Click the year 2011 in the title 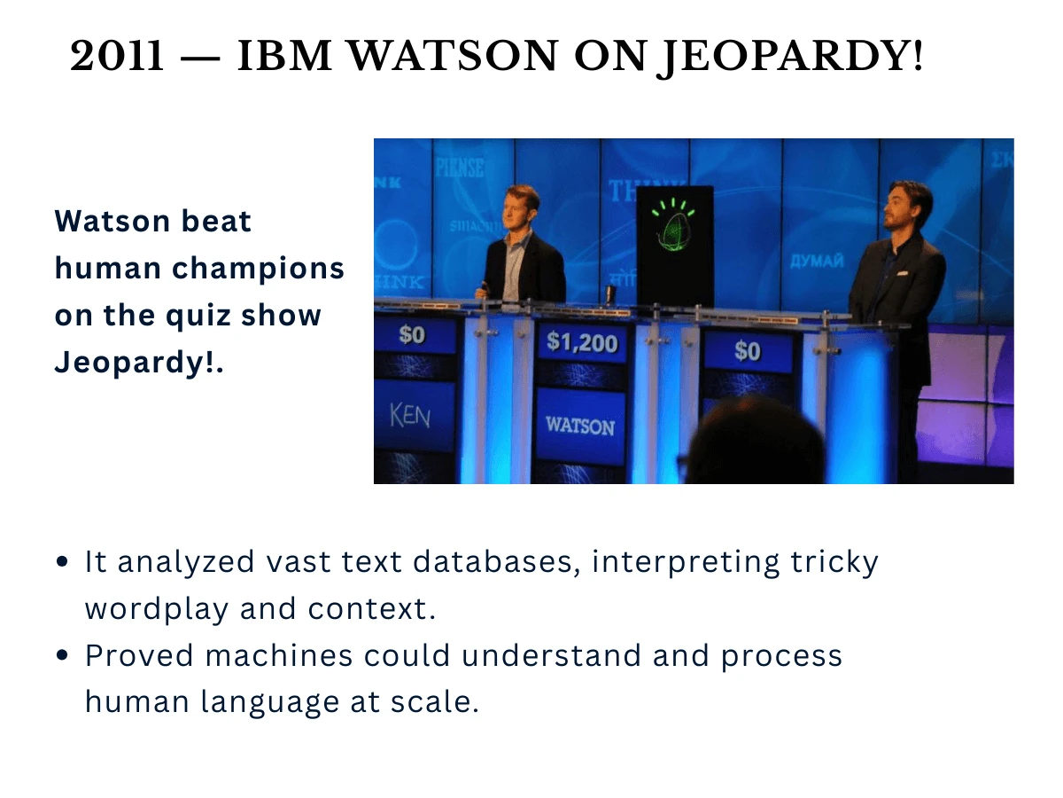tap(117, 58)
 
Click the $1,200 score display tap(581, 341)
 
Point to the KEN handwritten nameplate tap(409, 414)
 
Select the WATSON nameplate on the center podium tap(580, 426)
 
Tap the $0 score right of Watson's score tap(747, 351)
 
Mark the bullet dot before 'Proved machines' tap(62, 655)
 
